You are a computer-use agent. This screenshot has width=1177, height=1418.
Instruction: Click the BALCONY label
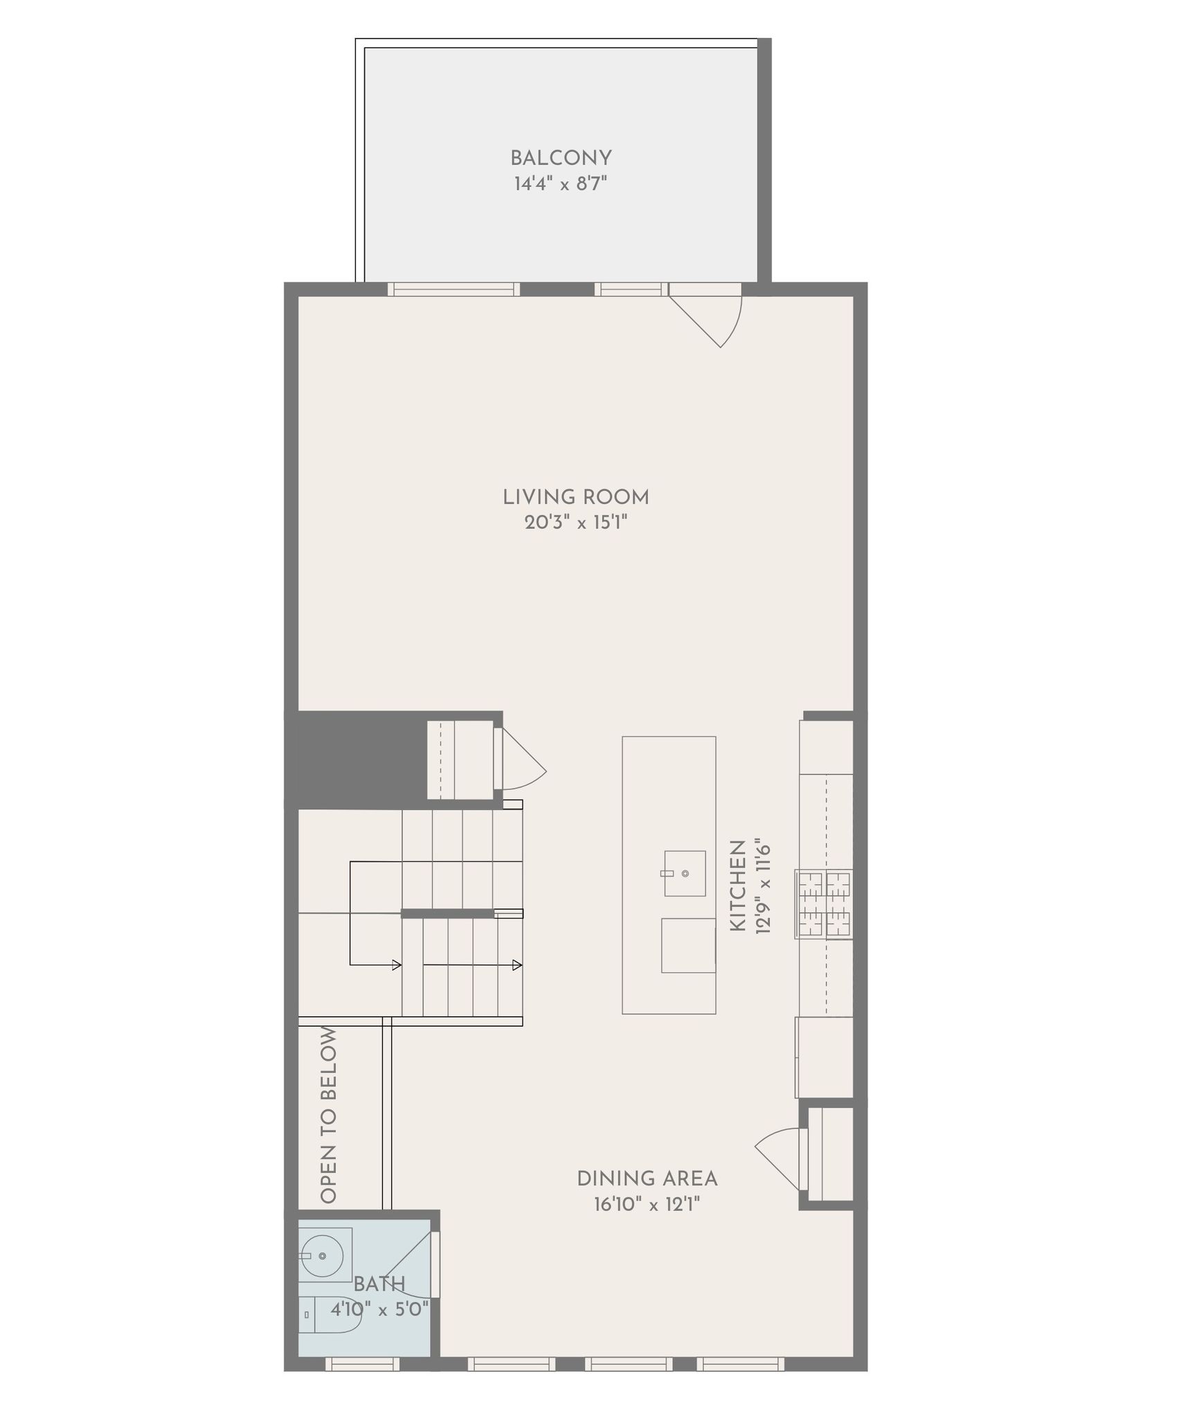[x=561, y=159]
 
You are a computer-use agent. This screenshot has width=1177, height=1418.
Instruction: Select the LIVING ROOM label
[x=576, y=497]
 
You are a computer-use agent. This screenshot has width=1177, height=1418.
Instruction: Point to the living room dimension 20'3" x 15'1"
[x=576, y=523]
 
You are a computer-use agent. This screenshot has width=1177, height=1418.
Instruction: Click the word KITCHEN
[x=738, y=886]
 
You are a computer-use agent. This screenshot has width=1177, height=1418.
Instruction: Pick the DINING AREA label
[x=647, y=1178]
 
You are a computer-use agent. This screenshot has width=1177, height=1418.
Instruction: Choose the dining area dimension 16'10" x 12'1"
[x=647, y=1205]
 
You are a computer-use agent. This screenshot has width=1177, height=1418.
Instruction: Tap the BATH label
[x=379, y=1284]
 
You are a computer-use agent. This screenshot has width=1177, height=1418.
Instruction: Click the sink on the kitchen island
[x=685, y=874]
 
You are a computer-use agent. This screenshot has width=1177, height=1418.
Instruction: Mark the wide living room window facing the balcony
[x=453, y=289]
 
